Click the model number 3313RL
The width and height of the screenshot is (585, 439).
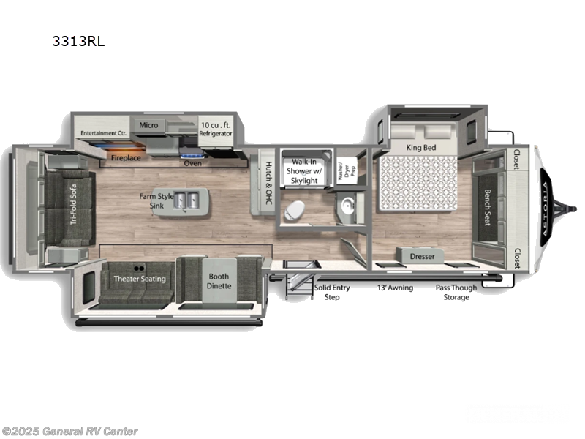point(78,41)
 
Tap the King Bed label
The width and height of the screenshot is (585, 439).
point(420,148)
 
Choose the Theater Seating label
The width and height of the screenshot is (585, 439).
point(139,279)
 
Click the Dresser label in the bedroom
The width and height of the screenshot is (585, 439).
point(422,257)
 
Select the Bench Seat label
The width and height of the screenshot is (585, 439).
point(487,208)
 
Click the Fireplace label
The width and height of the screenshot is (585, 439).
point(125,157)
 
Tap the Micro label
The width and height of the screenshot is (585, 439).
point(149,125)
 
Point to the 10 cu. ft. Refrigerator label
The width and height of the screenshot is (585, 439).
point(216,130)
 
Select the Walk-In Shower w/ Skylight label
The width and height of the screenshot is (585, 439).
point(304,170)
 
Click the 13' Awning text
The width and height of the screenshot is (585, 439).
point(395,288)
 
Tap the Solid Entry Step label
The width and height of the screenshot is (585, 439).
point(332,292)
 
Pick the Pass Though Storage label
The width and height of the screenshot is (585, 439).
point(456,292)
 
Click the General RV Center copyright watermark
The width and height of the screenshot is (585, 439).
point(70,432)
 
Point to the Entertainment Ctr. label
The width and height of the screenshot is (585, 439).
point(105,133)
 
